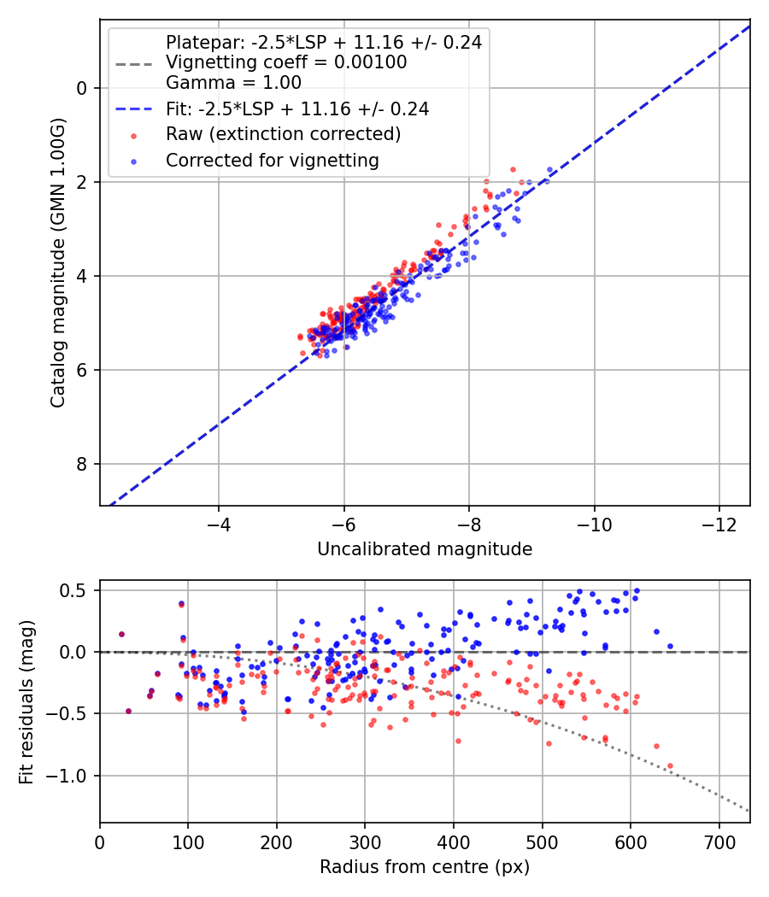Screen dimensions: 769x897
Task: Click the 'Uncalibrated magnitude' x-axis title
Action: click(425, 549)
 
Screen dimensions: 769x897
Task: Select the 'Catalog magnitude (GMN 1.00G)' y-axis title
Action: click(58, 262)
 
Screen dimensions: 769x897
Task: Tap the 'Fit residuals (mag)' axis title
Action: click(26, 702)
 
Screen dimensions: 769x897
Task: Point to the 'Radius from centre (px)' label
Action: click(425, 867)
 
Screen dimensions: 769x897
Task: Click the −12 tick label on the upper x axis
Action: click(719, 525)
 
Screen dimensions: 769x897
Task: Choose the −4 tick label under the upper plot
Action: click(219, 525)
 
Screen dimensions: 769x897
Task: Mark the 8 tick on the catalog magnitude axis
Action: click(82, 464)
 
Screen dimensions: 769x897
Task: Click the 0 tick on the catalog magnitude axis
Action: click(82, 88)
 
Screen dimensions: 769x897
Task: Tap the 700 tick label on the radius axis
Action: click(719, 842)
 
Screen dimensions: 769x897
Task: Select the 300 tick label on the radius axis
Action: click(365, 842)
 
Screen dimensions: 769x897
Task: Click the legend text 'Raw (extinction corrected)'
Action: click(283, 134)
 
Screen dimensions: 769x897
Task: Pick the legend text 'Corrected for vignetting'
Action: click(273, 161)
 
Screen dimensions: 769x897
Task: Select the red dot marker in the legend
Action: click(134, 136)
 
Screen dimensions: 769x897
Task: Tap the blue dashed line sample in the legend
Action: click(134, 108)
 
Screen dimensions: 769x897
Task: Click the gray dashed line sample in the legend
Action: click(134, 63)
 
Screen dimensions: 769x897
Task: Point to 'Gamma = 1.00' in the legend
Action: click(233, 82)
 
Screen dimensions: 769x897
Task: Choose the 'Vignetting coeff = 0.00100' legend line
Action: click(286, 62)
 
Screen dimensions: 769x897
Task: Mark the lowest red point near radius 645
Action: click(670, 765)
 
